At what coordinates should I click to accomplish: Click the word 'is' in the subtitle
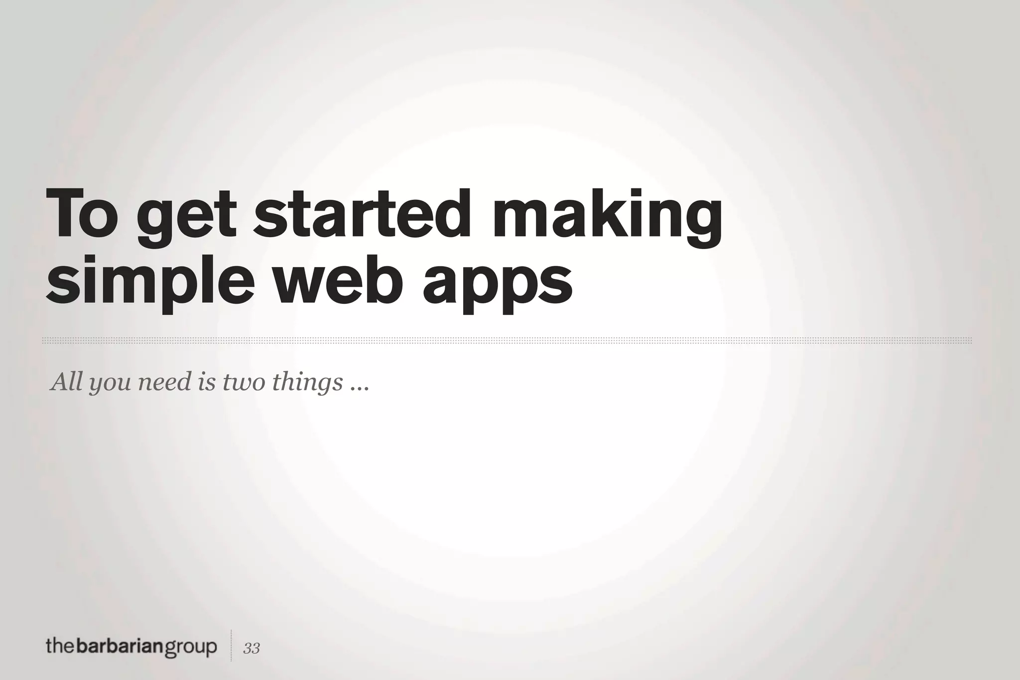coord(207,382)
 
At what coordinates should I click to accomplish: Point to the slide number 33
coord(252,648)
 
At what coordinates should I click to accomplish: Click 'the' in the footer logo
coord(60,647)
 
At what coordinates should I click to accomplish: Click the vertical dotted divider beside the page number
coord(231,646)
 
